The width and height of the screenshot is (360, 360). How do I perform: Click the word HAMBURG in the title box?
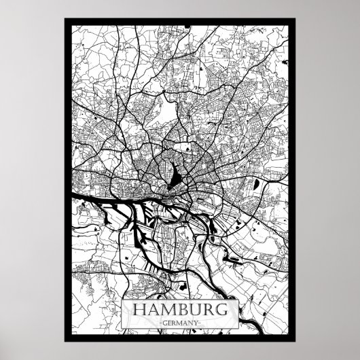(180, 309)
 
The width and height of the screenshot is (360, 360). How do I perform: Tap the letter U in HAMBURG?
(193, 309)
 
